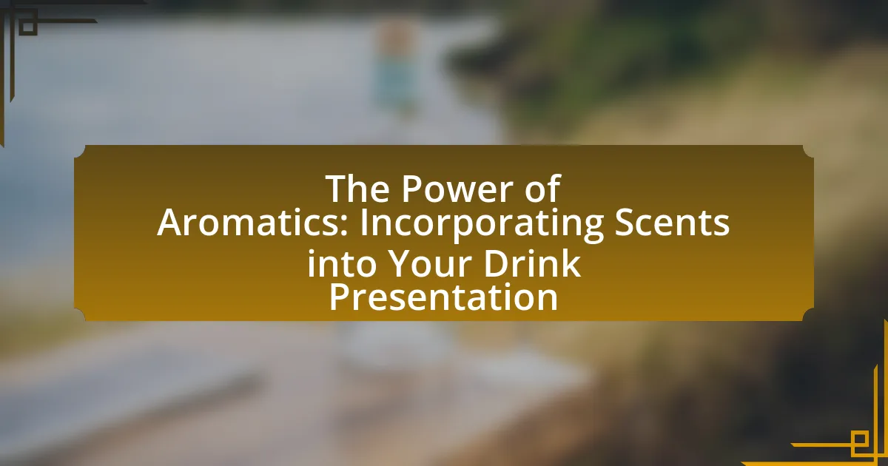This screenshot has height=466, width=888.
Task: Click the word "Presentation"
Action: pos(443,297)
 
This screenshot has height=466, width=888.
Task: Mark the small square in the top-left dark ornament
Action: pos(28,26)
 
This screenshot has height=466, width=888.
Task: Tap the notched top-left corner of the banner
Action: pos(80,151)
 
